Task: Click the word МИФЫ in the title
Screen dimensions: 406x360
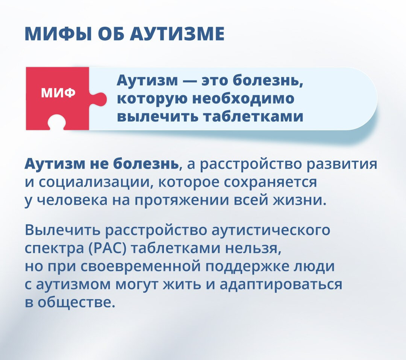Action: (x=58, y=34)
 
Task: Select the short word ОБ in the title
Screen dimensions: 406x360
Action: (x=111, y=34)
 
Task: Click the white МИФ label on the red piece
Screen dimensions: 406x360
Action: (x=58, y=93)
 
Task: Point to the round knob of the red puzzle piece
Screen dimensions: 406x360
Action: (x=100, y=99)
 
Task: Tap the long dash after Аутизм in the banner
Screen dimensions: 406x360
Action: (x=190, y=81)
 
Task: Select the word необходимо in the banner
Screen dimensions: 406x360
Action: (x=243, y=99)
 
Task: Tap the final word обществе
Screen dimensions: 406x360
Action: (x=76, y=302)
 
